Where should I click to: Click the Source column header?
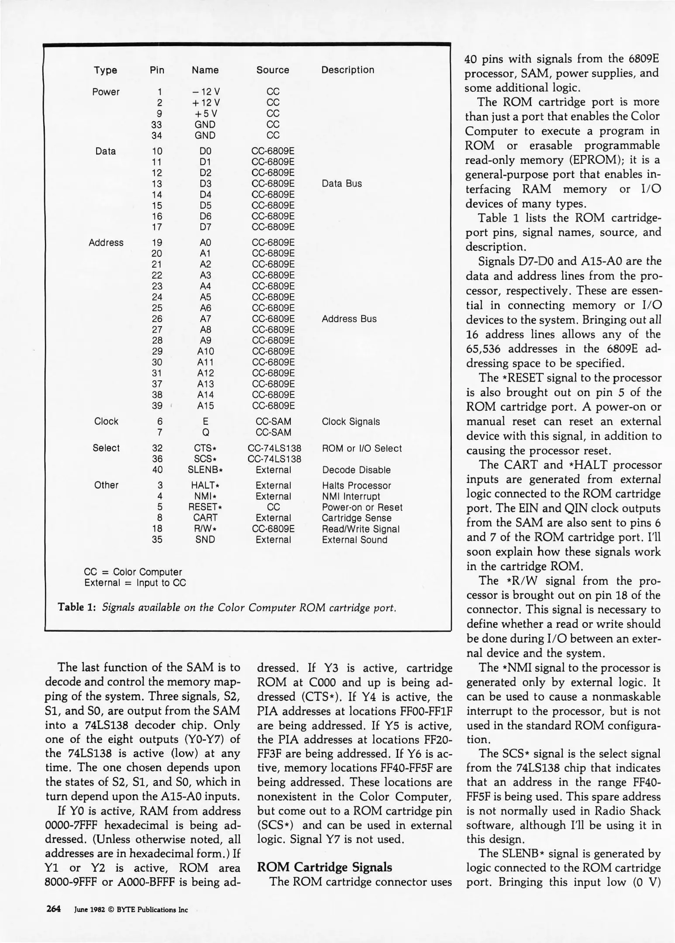tap(272, 70)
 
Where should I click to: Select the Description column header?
tap(348, 70)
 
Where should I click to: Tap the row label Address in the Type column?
tap(106, 243)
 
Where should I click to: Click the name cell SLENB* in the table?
tap(205, 470)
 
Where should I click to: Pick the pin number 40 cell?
tap(157, 470)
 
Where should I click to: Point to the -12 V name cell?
tap(205, 92)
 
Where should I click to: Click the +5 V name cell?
tap(205, 114)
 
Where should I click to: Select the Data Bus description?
tap(342, 183)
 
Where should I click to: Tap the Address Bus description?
tap(349, 319)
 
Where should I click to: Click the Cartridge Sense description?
tap(356, 518)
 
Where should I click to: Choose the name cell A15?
tap(205, 406)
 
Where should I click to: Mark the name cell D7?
tap(205, 227)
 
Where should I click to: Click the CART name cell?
tap(205, 518)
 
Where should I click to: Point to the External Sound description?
tap(355, 540)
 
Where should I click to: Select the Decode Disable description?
tap(356, 470)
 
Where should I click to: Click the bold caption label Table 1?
tap(77, 607)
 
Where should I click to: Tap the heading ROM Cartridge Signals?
tap(324, 867)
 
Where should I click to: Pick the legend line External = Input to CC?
tap(135, 583)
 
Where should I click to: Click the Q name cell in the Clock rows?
tap(205, 433)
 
